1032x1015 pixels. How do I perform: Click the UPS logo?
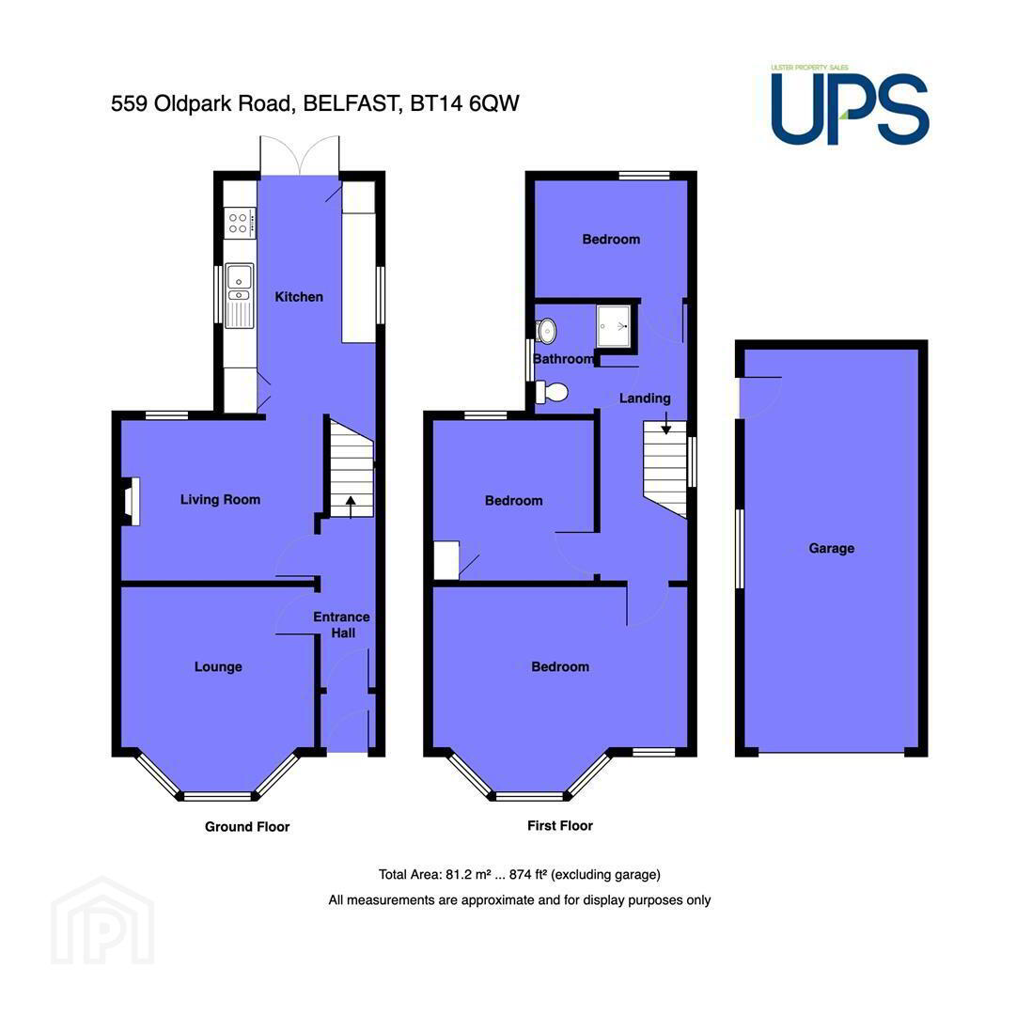850,105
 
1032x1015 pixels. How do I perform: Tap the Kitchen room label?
299,297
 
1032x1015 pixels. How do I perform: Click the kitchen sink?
239,295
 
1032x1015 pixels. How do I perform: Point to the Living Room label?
221,500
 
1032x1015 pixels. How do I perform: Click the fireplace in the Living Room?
131,502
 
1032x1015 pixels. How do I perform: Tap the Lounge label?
218,666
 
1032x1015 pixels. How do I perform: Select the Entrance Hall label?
341,625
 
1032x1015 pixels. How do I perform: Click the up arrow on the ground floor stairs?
351,507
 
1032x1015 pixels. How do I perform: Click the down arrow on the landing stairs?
666,423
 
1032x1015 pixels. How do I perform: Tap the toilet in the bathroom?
552,392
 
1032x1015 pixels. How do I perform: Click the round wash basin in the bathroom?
546,331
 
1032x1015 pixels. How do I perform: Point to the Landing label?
645,398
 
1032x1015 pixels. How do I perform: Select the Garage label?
832,548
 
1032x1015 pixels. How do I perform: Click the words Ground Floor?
247,827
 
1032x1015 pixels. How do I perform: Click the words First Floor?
560,825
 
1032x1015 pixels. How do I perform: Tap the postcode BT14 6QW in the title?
464,103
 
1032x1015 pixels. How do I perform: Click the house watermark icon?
102,920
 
